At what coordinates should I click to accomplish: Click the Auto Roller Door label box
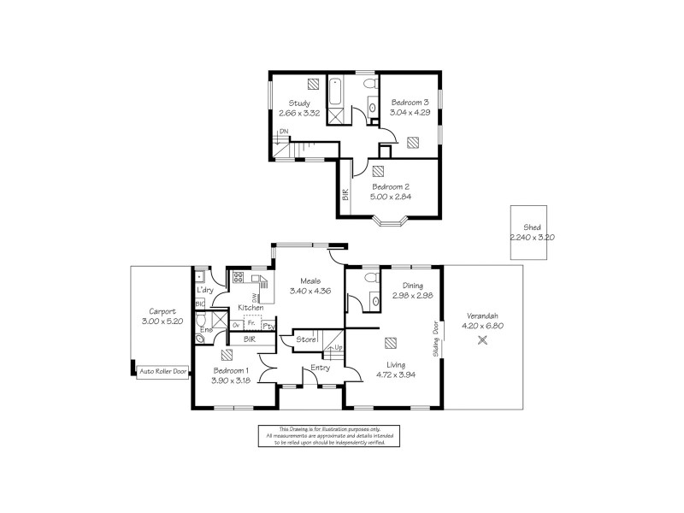pyautogui.click(x=162, y=372)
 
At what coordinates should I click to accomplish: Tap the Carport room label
pyautogui.click(x=162, y=312)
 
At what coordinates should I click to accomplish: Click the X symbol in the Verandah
pyautogui.click(x=482, y=339)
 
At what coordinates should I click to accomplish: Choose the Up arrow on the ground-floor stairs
pyautogui.click(x=338, y=348)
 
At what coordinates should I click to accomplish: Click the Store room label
pyautogui.click(x=305, y=340)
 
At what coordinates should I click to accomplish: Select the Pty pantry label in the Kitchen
pyautogui.click(x=268, y=326)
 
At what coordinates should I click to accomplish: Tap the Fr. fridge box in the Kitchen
pyautogui.click(x=252, y=324)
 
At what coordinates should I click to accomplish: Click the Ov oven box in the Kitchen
pyautogui.click(x=236, y=325)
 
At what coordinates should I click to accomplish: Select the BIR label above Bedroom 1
pyautogui.click(x=249, y=339)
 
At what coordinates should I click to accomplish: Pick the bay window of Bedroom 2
pyautogui.click(x=394, y=225)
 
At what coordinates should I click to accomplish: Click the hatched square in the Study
pyautogui.click(x=312, y=85)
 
